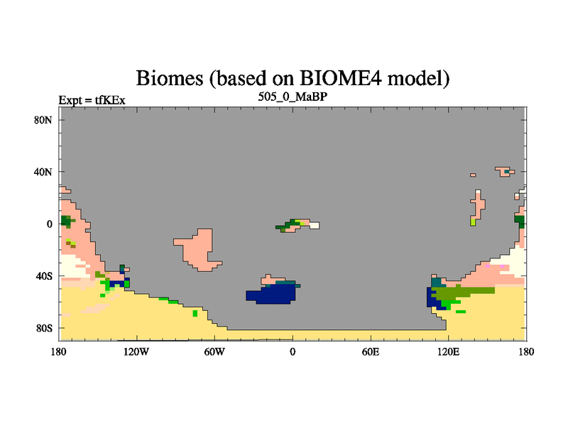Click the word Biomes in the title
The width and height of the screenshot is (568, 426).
(x=170, y=78)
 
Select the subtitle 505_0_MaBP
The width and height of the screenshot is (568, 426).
(x=293, y=97)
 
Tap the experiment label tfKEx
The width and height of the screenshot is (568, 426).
(x=110, y=100)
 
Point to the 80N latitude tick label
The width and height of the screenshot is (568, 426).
(x=43, y=120)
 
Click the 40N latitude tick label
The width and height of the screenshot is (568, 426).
(x=43, y=172)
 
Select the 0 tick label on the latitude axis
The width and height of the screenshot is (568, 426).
(x=49, y=224)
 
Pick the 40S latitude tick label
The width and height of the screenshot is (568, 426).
(x=44, y=276)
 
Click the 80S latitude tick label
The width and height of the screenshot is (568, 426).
(x=44, y=328)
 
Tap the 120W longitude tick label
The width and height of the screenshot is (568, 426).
(x=136, y=351)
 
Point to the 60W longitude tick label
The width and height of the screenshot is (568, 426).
(x=214, y=351)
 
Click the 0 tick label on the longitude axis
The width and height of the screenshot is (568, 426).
(x=293, y=351)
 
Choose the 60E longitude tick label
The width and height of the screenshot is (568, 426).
(x=371, y=351)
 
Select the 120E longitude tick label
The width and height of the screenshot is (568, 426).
(x=449, y=351)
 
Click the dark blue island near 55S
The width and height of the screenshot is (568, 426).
(x=273, y=293)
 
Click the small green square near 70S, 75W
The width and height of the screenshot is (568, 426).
(x=195, y=313)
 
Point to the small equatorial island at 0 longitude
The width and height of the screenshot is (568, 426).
(x=297, y=225)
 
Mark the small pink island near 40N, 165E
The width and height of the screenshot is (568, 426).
(x=505, y=172)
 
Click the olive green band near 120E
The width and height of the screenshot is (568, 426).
(x=463, y=292)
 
